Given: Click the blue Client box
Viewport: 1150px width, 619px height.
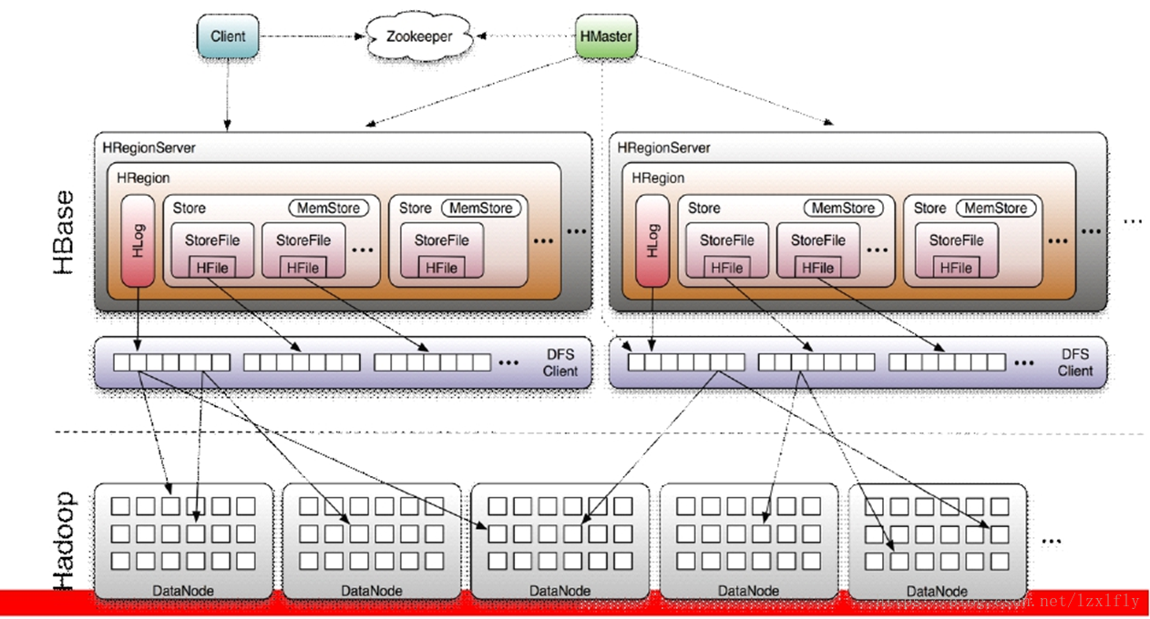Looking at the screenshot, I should (228, 36).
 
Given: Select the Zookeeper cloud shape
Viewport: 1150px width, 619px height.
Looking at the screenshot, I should (420, 36).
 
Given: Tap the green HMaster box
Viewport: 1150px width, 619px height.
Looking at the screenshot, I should (606, 37).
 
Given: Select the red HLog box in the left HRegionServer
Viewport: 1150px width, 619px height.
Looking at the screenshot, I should (138, 240).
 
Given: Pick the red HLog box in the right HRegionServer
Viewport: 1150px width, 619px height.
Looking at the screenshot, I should (652, 240).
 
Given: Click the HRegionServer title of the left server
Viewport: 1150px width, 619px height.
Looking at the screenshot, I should (149, 147).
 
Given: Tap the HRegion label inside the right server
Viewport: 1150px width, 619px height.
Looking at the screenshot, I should (658, 178).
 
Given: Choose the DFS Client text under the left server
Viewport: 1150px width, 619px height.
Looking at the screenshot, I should (560, 362).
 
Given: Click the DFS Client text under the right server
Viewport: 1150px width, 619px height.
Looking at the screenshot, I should (1075, 362).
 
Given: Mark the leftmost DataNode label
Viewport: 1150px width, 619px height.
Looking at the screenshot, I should (183, 591).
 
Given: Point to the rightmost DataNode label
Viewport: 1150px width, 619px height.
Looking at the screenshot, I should (937, 591).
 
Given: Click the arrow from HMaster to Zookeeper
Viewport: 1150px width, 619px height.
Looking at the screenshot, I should (527, 36).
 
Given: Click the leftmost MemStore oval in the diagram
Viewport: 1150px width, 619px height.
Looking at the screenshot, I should (329, 208).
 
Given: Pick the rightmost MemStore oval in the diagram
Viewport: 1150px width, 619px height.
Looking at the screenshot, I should (996, 208).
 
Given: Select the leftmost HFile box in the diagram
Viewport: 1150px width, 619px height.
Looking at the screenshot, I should (211, 268).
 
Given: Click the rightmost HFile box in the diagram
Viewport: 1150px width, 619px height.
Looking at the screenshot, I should (955, 268).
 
